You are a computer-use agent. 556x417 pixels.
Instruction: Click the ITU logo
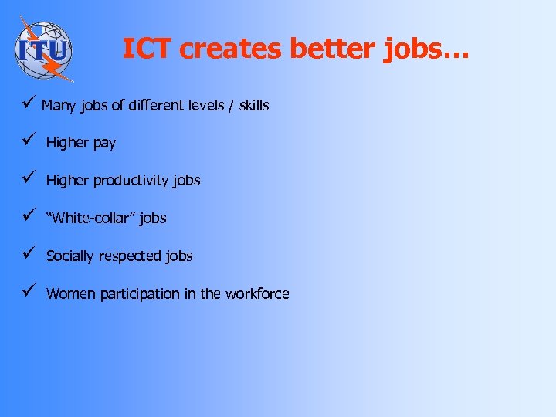(x=43, y=49)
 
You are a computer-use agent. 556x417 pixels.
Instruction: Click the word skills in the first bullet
(x=254, y=105)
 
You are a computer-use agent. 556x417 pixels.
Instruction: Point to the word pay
(x=103, y=144)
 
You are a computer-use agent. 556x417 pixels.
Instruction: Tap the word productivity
(x=131, y=181)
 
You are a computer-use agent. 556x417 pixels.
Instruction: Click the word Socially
(x=69, y=256)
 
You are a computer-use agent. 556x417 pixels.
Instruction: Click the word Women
(x=69, y=294)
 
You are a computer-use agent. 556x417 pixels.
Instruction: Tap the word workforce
(x=257, y=294)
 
